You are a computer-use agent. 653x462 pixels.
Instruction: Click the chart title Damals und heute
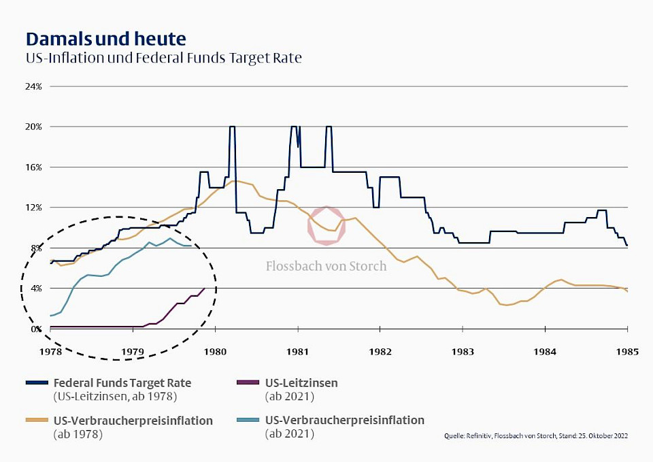tap(105, 37)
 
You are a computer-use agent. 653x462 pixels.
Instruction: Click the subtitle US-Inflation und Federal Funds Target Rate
tap(163, 58)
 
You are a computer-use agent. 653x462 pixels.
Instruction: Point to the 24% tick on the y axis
tap(34, 86)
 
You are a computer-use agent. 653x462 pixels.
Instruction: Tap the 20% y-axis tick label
tap(34, 127)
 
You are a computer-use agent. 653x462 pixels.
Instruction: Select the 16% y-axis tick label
tap(34, 167)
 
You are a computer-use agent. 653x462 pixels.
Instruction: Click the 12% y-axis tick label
tap(34, 208)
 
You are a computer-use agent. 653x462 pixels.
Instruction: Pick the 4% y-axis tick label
tap(36, 288)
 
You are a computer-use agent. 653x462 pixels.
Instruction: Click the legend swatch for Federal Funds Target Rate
tap(37, 383)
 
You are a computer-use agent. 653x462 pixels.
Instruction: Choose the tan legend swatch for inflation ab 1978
tap(37, 420)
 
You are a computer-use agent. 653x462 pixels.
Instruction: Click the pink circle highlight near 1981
tap(327, 225)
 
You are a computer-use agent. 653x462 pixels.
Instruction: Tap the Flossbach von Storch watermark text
tap(326, 266)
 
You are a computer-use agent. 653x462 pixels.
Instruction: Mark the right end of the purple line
tap(205, 288)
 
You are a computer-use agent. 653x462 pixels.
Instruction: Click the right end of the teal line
tap(192, 246)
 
